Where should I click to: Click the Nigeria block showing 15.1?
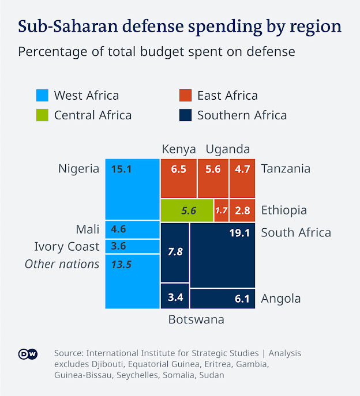coord(132,188)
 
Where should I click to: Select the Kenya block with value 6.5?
coord(178,178)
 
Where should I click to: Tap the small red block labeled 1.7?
coord(221,210)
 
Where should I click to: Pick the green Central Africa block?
coord(186,210)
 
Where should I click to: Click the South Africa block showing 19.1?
coord(222,255)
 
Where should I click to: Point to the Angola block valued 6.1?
coord(222,299)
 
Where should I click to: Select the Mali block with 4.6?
coord(132,229)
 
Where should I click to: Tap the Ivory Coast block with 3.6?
coord(132,246)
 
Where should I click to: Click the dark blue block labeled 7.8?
coord(174,252)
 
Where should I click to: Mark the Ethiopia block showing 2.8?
coord(242,210)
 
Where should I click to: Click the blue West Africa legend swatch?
coord(42,96)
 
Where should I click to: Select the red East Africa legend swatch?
coord(185,96)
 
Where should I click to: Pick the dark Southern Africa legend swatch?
coord(185,115)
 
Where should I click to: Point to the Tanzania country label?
coord(286,169)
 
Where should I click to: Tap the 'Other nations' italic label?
coord(62,264)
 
